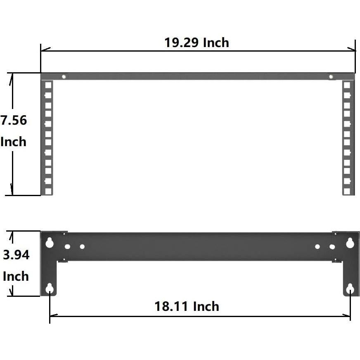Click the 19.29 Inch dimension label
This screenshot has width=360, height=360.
coord(197,43)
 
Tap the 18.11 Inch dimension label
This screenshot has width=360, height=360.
coord(187,306)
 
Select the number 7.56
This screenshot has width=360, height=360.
coord(14,121)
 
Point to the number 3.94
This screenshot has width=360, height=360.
coord(16,255)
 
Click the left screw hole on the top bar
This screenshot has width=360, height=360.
coord(64,76)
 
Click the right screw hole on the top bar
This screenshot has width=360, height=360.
coord(331,76)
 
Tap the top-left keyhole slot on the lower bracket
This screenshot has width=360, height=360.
coord(50,242)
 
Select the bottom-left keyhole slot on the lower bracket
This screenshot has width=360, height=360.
coord(50,288)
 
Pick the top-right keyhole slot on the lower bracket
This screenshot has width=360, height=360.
coord(350,242)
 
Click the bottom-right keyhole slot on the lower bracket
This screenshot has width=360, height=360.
coord(350,288)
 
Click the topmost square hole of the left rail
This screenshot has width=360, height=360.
coord(48,85)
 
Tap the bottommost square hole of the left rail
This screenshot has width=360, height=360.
coord(48,191)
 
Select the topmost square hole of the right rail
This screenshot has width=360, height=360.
coord(347,85)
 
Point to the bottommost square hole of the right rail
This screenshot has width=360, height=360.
coord(347,191)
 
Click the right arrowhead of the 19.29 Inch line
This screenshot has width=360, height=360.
coord(353,50)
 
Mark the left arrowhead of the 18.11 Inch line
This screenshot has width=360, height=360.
coord(52,316)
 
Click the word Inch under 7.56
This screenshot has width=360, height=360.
coord(13,142)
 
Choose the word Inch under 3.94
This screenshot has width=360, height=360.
coord(16,276)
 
